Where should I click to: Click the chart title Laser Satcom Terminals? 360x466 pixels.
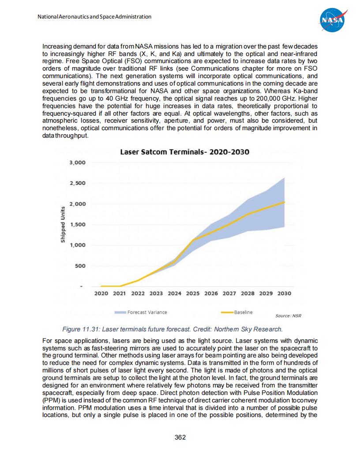pos(185,152)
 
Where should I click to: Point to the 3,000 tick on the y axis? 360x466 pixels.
pos(77,162)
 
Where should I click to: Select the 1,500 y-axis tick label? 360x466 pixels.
pos(77,225)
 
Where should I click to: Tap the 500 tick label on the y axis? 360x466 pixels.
pos(80,266)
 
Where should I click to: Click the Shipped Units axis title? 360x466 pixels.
pos(63,225)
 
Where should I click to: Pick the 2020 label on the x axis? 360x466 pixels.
pos(101,293)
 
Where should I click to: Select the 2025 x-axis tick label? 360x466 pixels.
pos(193,293)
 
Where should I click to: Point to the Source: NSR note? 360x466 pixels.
pos(288,316)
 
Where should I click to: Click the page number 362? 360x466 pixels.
pos(180,437)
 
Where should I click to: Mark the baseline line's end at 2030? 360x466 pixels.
pos(284,202)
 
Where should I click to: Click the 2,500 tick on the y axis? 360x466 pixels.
pos(77,183)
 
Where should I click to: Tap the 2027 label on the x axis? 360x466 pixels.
pos(229,293)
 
